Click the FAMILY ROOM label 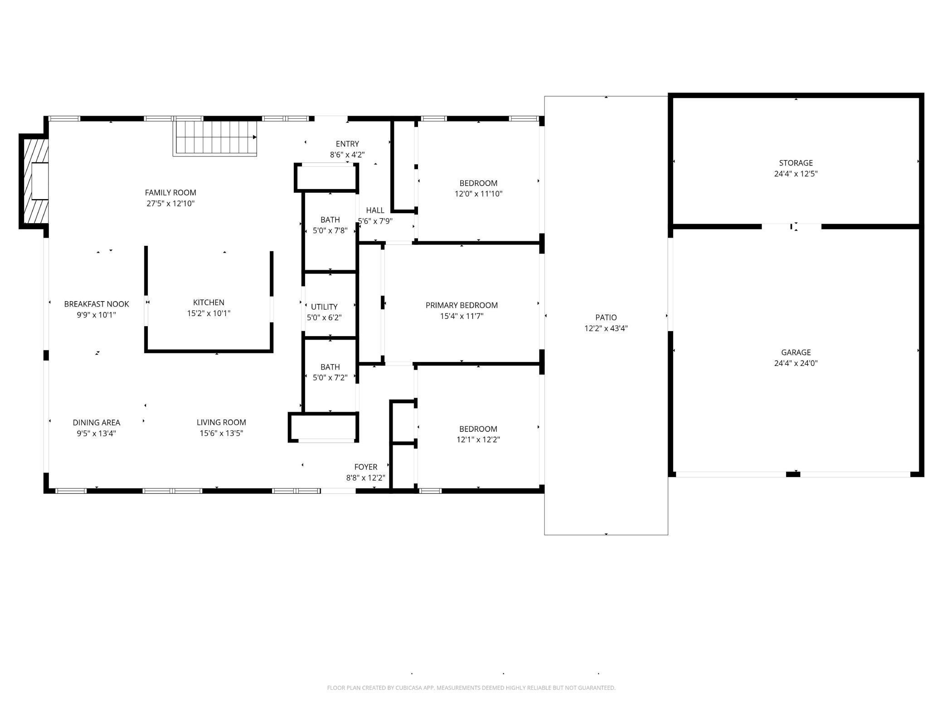170,193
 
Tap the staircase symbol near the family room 214,137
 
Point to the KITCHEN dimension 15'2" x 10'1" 209,313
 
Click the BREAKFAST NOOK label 96,304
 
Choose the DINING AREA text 96,422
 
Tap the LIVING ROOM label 221,422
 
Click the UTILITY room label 324,307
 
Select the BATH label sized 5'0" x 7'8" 330,220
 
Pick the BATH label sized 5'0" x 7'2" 330,367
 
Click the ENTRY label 347,144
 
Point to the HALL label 375,210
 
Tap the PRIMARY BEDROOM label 462,305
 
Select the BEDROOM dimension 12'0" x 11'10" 478,194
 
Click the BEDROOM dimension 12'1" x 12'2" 478,439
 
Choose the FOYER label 365,467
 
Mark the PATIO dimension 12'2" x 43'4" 606,328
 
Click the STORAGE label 796,163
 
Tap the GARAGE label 796,352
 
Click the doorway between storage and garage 792,226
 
